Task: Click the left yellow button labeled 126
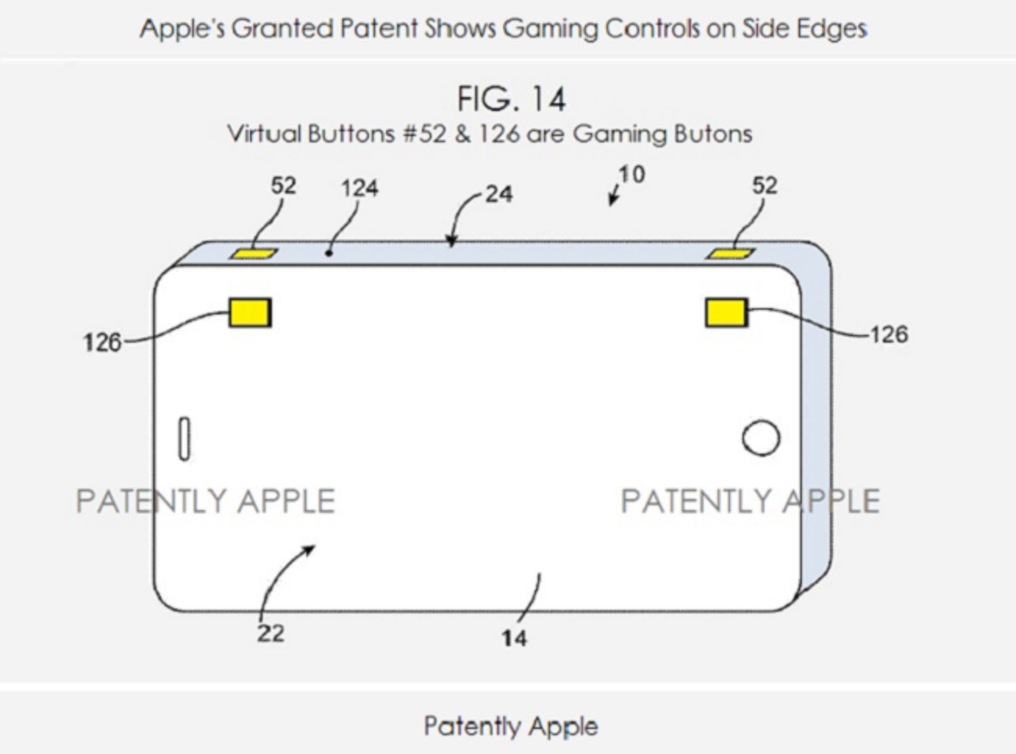click(x=250, y=312)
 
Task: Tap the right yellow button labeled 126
click(x=727, y=312)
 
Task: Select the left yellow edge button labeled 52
click(x=254, y=254)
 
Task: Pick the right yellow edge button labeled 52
click(x=731, y=254)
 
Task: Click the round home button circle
click(x=761, y=438)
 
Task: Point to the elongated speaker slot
click(x=184, y=439)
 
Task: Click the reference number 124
click(x=360, y=188)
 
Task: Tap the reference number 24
click(x=499, y=194)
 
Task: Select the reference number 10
click(x=632, y=175)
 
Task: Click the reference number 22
click(x=271, y=633)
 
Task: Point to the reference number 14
click(x=514, y=638)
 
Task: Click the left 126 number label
click(x=102, y=343)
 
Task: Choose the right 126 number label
click(x=890, y=335)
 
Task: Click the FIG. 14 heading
click(x=512, y=99)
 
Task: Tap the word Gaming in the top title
click(x=550, y=29)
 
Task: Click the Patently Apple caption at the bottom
click(x=511, y=726)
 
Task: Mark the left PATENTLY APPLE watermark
click(x=206, y=501)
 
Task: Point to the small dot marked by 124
click(x=329, y=254)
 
